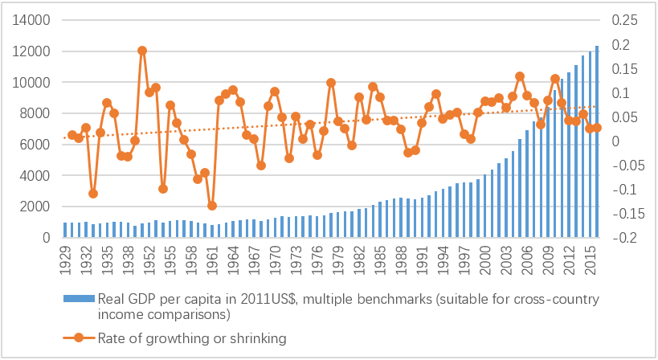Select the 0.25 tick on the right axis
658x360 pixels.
point(627,20)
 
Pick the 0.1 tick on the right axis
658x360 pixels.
point(623,93)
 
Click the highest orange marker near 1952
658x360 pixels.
point(142,51)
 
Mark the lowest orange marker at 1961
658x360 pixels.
point(212,206)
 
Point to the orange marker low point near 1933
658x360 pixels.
point(93,194)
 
